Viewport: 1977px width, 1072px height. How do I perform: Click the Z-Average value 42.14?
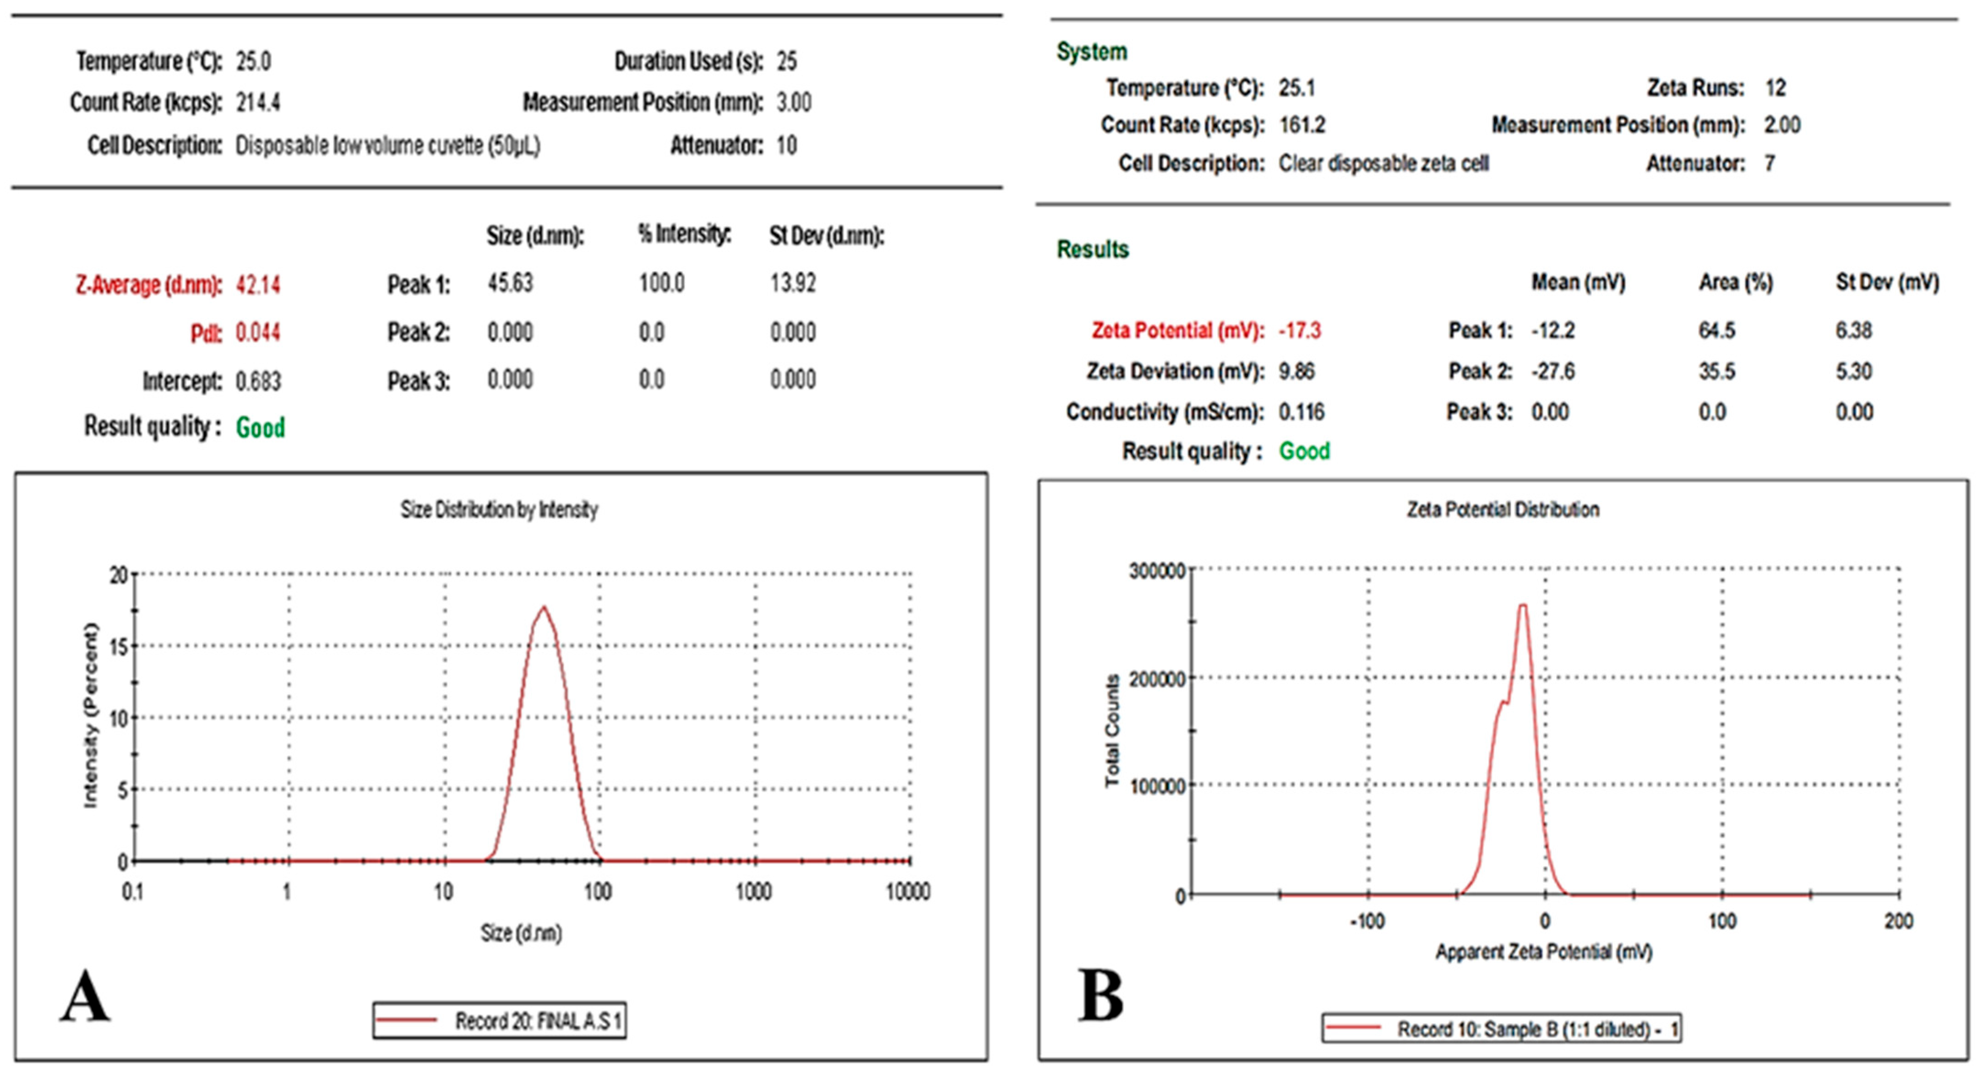point(258,286)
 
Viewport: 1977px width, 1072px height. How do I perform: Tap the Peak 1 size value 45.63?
point(510,283)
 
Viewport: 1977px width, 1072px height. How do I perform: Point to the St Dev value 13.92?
point(793,283)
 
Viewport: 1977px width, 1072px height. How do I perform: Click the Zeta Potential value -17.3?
point(1299,331)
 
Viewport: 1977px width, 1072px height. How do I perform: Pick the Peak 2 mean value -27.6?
point(1553,371)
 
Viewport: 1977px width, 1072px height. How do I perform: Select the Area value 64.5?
point(1717,331)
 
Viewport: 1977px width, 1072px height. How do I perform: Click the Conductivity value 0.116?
point(1302,412)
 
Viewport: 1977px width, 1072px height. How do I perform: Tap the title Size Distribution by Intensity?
point(499,509)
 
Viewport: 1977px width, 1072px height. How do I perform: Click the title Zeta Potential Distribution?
point(1503,509)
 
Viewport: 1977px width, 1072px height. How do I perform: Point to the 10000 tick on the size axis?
point(908,892)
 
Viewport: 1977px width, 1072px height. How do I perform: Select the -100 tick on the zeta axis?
point(1367,921)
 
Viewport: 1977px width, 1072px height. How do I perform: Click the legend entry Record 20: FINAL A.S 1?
point(500,1021)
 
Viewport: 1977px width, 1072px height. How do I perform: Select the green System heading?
point(1091,52)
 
